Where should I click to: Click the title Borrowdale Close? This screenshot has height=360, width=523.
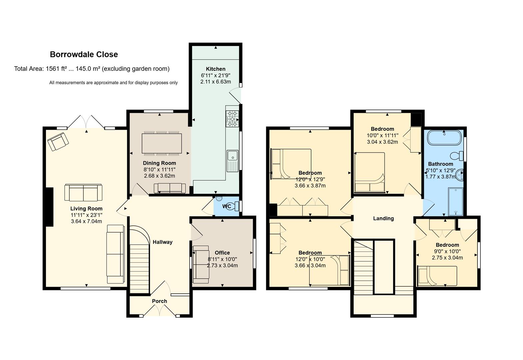[84, 54]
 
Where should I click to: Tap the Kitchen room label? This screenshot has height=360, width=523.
[216, 69]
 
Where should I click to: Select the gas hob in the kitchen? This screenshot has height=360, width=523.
[232, 119]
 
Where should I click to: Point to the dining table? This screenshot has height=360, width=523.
[162, 143]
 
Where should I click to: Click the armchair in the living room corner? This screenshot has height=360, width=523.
[58, 142]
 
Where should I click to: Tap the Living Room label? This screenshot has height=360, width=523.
[86, 209]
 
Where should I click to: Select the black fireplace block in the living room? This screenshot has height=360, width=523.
[50, 207]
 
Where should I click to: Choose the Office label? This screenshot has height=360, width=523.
[222, 253]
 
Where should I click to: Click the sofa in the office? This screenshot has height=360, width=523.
[201, 264]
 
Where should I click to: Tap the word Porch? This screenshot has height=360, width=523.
[160, 301]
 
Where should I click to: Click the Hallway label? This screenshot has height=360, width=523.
[163, 242]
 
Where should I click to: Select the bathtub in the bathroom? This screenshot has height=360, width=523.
[444, 138]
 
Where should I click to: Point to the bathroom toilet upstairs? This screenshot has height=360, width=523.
[457, 156]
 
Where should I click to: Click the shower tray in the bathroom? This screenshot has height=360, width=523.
[455, 201]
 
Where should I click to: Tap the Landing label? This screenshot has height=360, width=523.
[383, 218]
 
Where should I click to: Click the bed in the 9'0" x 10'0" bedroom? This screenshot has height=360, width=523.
[437, 276]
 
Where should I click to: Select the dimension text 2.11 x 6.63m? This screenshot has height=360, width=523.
[216, 82]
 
